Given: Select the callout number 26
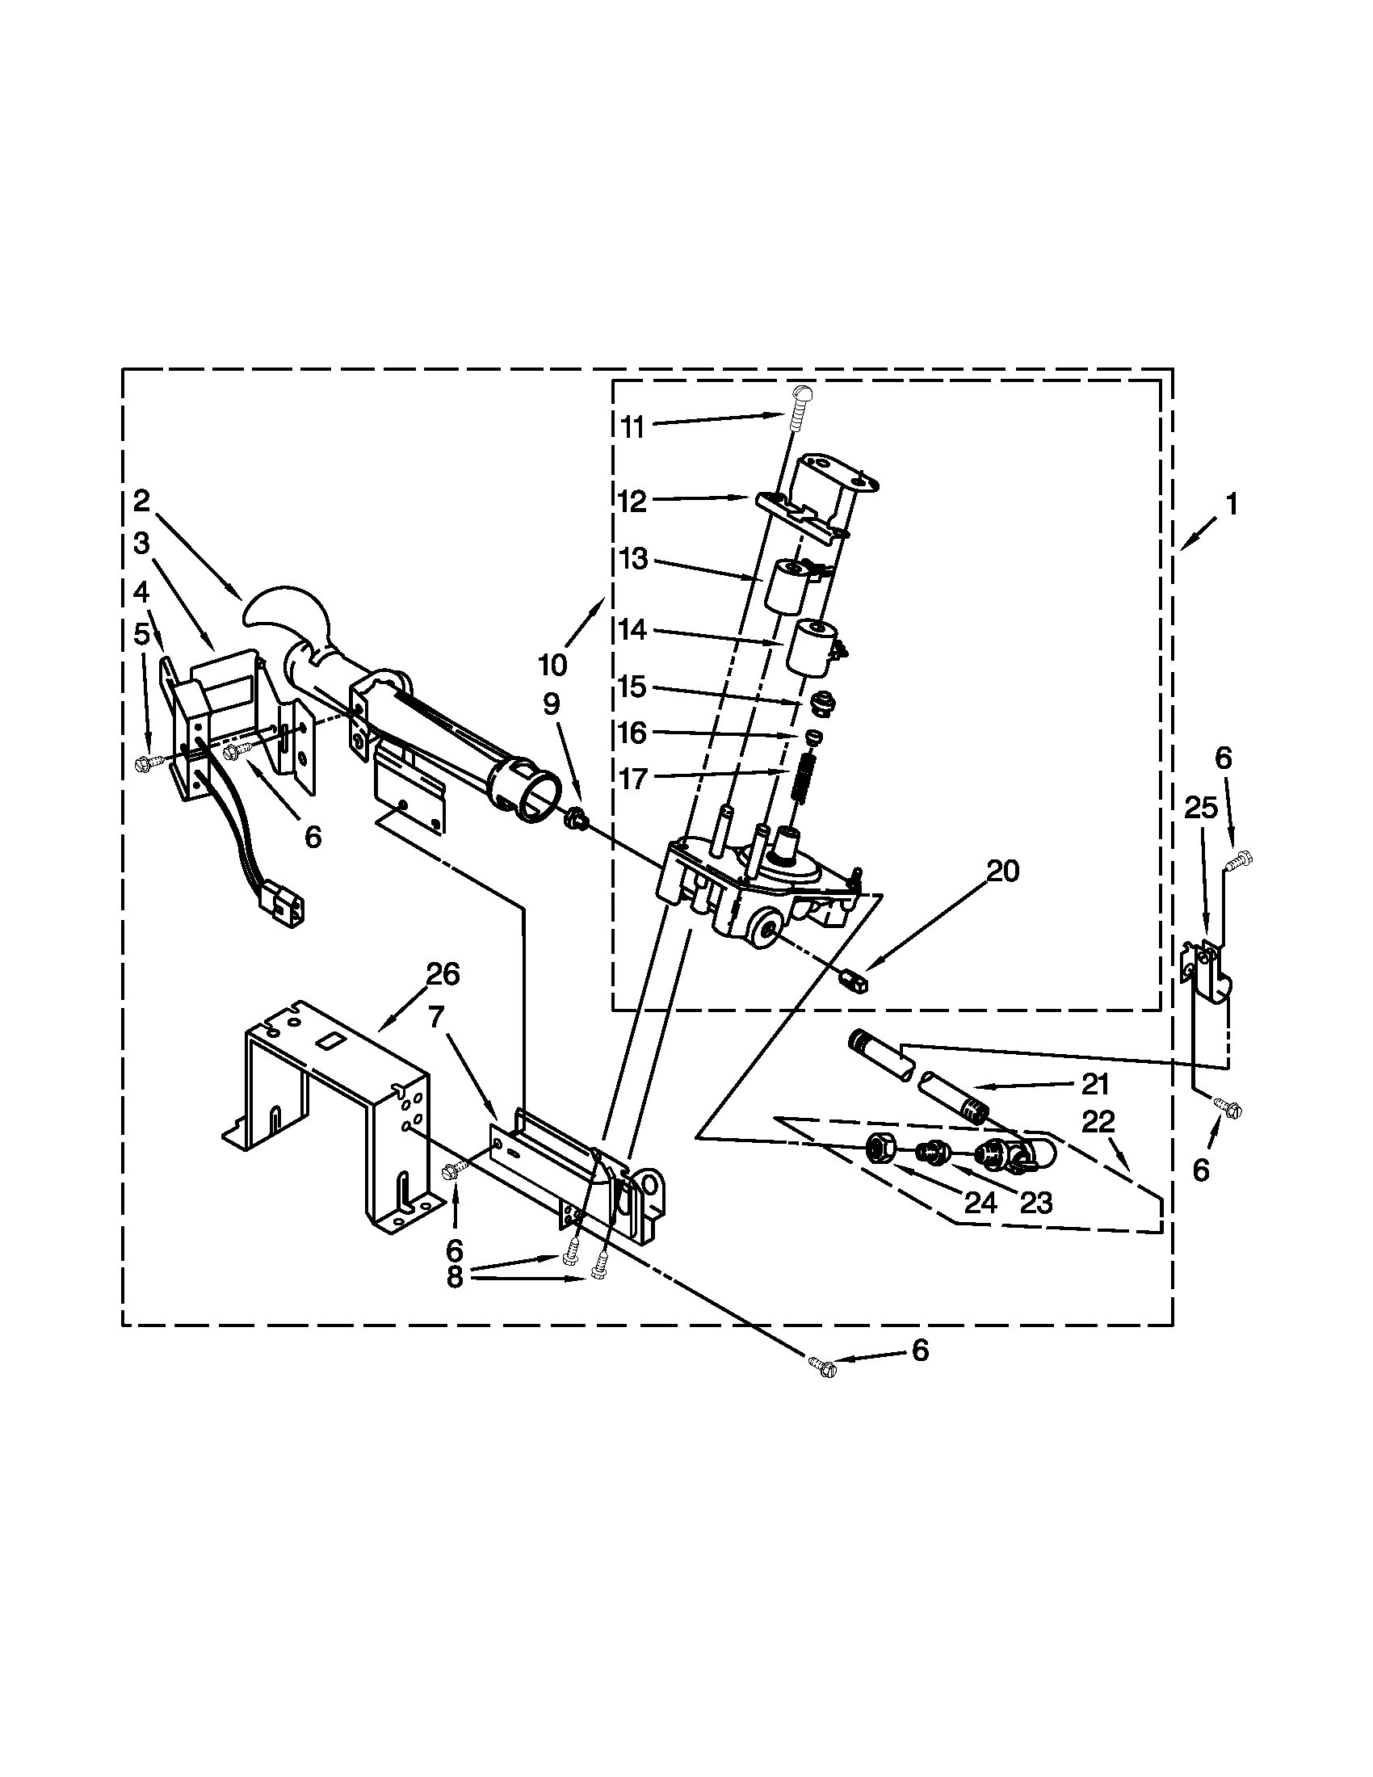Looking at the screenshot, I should pos(443,973).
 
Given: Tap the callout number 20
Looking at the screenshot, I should pos(1002,872).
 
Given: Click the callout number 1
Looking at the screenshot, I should pos(1232,505).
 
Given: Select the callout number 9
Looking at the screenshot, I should pos(551,704).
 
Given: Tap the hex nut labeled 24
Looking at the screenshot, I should pos(879,1148).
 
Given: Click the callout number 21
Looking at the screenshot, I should pos(1095,1085).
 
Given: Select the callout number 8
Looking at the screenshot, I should pos(454,1279).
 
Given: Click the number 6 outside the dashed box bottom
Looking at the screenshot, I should pos(919,1351).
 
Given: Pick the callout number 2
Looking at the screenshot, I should pos(141,502).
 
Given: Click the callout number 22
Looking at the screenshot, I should pos(1098,1123).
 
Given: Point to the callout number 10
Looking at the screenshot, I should pos(552,665).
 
